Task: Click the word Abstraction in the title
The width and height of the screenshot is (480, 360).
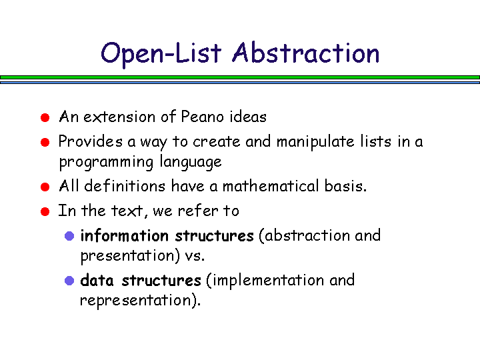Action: tap(305, 53)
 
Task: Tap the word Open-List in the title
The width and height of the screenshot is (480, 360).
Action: tap(161, 55)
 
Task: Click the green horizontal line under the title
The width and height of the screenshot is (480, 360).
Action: tap(240, 77)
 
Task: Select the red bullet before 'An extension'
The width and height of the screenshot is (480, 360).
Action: tap(45, 117)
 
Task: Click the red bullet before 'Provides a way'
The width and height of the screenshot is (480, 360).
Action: tap(45, 143)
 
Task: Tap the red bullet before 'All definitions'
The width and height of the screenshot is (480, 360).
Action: tap(45, 187)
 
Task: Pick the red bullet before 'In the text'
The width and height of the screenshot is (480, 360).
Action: tap(45, 211)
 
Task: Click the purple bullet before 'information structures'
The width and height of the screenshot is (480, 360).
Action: tap(69, 236)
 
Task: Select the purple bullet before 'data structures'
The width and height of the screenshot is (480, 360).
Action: tap(69, 281)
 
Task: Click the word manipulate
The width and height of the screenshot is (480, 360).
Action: tap(315, 143)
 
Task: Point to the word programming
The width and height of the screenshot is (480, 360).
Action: tap(106, 163)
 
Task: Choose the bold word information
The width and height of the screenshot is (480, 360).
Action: tap(124, 236)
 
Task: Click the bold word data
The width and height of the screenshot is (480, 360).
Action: tap(97, 280)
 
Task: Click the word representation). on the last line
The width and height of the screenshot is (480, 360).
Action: tap(140, 300)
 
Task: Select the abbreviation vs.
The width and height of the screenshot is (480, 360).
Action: tap(195, 256)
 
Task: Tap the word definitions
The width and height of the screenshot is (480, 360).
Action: tap(125, 186)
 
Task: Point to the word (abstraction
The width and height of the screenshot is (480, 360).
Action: tap(304, 236)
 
